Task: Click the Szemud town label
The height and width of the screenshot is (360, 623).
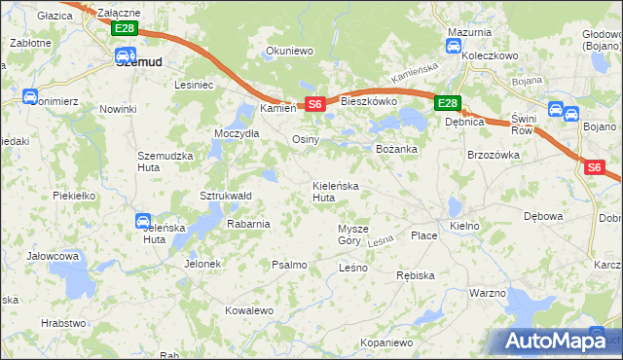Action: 138,60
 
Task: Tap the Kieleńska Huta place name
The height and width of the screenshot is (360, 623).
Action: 336,191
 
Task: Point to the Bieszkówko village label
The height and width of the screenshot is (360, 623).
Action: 367,100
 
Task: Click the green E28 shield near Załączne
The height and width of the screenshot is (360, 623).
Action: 124,28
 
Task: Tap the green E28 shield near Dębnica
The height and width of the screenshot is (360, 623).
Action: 446,103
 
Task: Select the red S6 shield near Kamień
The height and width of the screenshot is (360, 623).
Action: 312,104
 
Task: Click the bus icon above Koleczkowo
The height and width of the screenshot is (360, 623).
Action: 455,46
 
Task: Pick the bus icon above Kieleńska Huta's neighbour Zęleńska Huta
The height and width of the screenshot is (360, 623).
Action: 143,222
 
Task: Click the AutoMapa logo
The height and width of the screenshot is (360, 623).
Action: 555,341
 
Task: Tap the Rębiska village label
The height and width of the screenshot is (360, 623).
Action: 415,275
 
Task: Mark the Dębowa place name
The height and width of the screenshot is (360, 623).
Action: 543,216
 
